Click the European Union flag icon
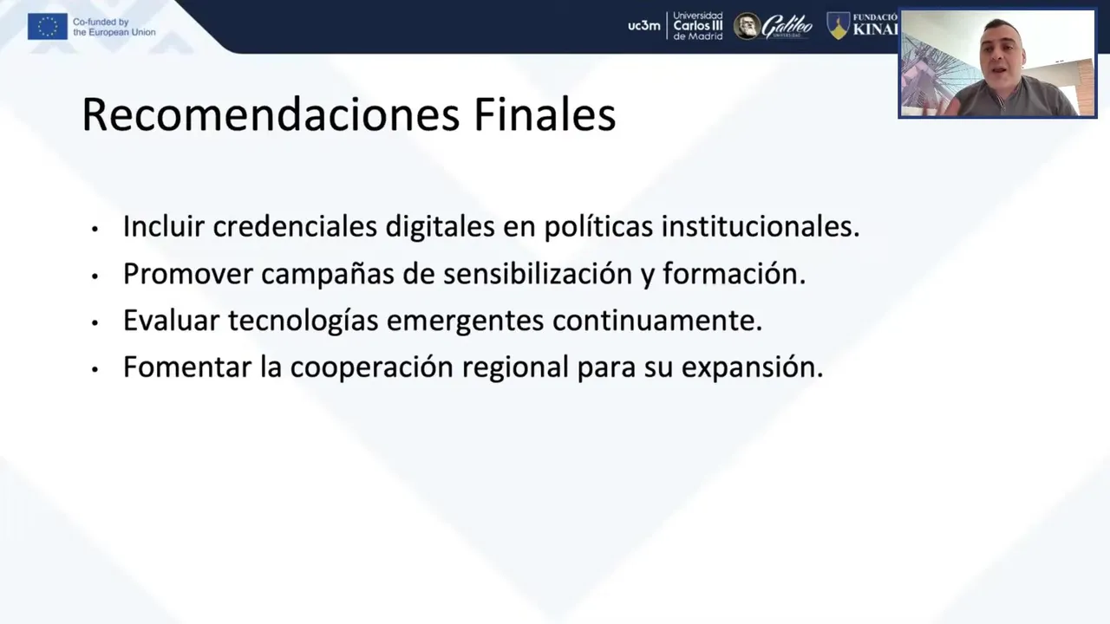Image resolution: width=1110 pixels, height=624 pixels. [48, 26]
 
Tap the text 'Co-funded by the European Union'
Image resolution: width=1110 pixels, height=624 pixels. [114, 27]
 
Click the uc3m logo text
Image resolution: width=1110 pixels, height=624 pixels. [644, 26]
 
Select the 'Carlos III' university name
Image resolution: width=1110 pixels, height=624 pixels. [698, 26]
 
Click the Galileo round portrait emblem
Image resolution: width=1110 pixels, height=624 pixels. [748, 26]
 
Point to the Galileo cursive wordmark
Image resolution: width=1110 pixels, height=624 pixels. [787, 26]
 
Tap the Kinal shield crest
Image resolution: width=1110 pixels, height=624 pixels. [838, 26]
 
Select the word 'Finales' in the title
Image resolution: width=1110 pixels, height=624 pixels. [545, 114]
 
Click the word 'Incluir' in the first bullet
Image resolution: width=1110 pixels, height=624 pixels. [164, 226]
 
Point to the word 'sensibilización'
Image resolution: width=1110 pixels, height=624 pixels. [538, 273]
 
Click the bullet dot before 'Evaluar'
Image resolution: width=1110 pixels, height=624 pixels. [95, 323]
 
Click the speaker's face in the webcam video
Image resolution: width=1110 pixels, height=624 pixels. [1002, 52]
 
